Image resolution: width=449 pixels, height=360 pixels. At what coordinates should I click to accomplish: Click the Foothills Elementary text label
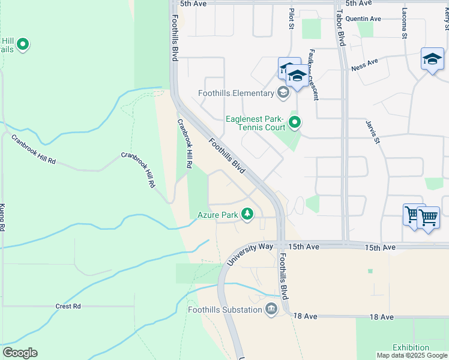(x=236, y=93)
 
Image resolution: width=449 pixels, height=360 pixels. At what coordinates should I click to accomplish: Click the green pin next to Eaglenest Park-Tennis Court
(x=295, y=123)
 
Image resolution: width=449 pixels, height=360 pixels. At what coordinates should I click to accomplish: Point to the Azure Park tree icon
(x=247, y=214)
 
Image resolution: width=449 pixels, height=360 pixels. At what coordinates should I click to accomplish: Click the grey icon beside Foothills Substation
(x=271, y=310)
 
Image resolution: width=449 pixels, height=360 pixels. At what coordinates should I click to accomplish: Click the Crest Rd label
(x=68, y=306)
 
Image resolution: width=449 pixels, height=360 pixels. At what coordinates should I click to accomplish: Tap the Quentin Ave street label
(x=363, y=19)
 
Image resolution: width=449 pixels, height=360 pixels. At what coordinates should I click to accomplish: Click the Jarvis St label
(x=372, y=131)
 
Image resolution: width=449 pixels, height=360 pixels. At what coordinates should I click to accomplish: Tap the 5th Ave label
(x=193, y=3)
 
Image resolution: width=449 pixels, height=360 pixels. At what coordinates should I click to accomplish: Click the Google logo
(x=20, y=353)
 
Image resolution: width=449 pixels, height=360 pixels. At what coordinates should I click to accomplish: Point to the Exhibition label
(x=411, y=347)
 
